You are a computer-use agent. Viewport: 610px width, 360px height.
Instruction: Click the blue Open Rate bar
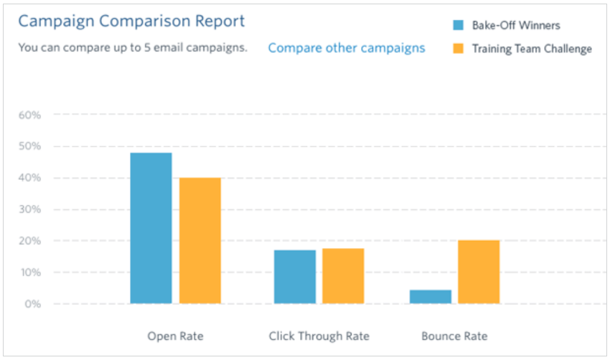pyautogui.click(x=151, y=228)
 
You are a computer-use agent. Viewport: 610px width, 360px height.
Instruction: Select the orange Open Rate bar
pyautogui.click(x=200, y=241)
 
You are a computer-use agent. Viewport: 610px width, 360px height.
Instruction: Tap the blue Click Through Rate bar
pyautogui.click(x=295, y=277)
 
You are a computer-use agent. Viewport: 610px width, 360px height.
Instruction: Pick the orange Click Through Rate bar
pyautogui.click(x=343, y=276)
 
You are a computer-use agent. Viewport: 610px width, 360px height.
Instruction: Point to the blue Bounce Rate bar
pyautogui.click(x=431, y=297)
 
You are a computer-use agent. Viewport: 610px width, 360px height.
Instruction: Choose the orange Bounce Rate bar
pyautogui.click(x=479, y=272)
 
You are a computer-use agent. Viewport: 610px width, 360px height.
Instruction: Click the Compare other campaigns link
pyautogui.click(x=347, y=48)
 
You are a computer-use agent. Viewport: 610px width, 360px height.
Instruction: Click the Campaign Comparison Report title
pyautogui.click(x=131, y=21)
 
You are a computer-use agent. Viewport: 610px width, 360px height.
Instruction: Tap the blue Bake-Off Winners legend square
pyautogui.click(x=459, y=25)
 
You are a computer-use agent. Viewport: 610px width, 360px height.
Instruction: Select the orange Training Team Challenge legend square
pyautogui.click(x=459, y=49)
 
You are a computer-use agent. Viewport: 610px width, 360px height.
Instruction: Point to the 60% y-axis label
pyautogui.click(x=30, y=115)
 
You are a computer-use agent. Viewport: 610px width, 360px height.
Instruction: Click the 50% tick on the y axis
pyautogui.click(x=30, y=146)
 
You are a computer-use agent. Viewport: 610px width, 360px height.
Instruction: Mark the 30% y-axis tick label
pyautogui.click(x=30, y=209)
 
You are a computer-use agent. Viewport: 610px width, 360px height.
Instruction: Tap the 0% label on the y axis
pyautogui.click(x=33, y=304)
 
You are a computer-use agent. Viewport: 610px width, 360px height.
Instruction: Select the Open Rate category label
pyautogui.click(x=175, y=336)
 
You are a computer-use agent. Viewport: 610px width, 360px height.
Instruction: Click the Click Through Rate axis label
pyautogui.click(x=319, y=336)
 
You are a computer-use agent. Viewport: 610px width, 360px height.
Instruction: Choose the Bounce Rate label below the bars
pyautogui.click(x=454, y=336)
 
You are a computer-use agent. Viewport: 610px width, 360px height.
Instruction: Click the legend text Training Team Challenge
pyautogui.click(x=532, y=49)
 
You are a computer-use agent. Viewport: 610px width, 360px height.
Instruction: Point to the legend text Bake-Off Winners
pyautogui.click(x=516, y=25)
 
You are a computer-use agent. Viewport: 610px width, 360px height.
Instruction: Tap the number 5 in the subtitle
pyautogui.click(x=147, y=47)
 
